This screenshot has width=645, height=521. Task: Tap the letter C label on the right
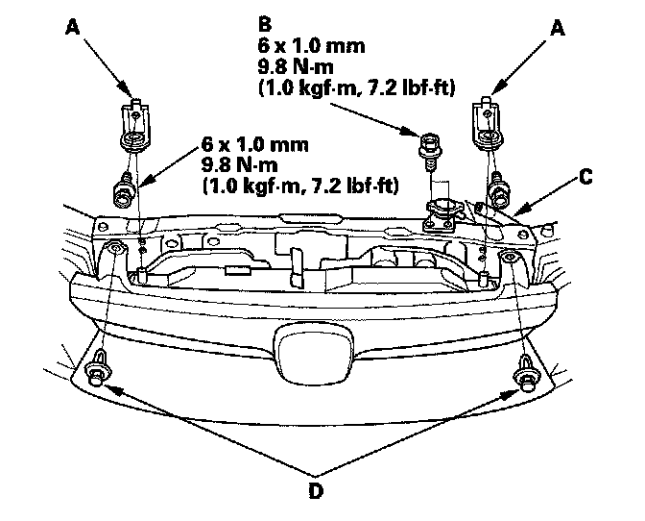coord(585,177)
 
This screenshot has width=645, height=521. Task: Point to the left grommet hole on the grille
coord(113,251)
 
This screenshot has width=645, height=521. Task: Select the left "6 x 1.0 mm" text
coord(254,144)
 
